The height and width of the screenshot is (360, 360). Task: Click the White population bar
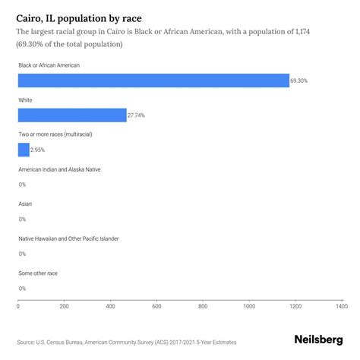tap(72, 115)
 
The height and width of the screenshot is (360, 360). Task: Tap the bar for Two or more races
tap(24, 150)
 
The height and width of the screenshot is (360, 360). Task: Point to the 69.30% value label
tap(300, 81)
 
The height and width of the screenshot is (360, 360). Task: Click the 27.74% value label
tap(137, 115)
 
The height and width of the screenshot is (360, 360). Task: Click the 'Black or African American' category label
tap(49, 65)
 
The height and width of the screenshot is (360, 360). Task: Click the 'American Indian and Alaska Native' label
tap(59, 169)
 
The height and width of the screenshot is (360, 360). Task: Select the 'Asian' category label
tap(25, 204)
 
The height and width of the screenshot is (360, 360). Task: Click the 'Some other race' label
tap(38, 273)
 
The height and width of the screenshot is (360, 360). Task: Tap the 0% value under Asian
tap(22, 219)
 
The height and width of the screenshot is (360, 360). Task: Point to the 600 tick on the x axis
tap(156, 306)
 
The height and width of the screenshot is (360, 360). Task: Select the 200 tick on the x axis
tap(64, 306)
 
